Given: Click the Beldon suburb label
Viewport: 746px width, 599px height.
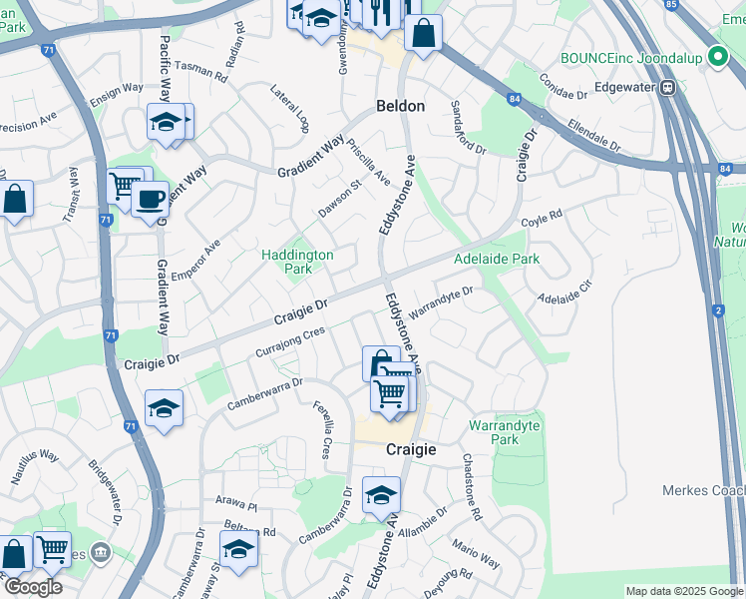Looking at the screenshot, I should tap(400, 106).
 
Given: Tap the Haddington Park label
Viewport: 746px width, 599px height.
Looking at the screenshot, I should tap(297, 262).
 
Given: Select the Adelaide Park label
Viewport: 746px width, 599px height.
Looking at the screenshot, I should tap(496, 259).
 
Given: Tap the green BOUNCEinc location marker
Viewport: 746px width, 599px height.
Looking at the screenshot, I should tap(715, 58).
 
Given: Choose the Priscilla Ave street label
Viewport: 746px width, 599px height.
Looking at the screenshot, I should tap(368, 161).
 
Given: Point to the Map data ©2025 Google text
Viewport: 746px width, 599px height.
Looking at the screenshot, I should tap(683, 591).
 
